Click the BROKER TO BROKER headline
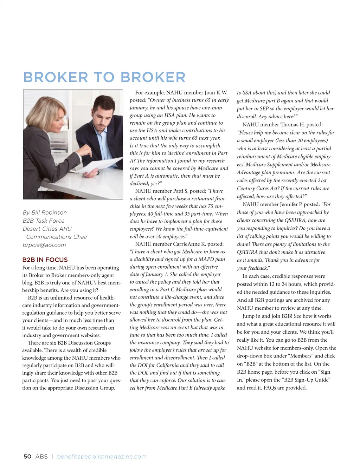coord(104,77)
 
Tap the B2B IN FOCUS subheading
coord(45,260)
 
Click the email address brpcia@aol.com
coord(44,245)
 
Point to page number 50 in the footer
coord(27,457)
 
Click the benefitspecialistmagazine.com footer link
coord(102,457)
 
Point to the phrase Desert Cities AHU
coord(47,229)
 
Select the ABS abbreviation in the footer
coord(41,457)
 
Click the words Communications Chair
coord(57,237)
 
